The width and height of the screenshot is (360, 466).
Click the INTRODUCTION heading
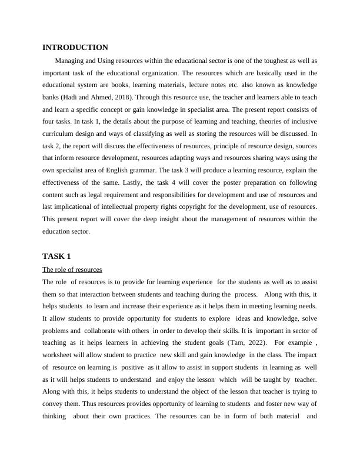[75, 48]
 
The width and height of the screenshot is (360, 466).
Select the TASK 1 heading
[56, 257]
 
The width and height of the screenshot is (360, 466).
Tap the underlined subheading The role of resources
[72, 269]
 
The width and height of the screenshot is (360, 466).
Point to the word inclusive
[305, 122]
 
